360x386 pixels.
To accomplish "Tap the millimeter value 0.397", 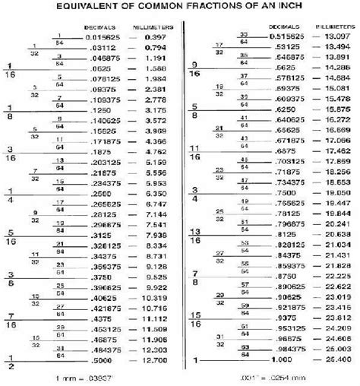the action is (156, 36).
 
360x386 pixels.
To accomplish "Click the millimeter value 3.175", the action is (155, 110).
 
